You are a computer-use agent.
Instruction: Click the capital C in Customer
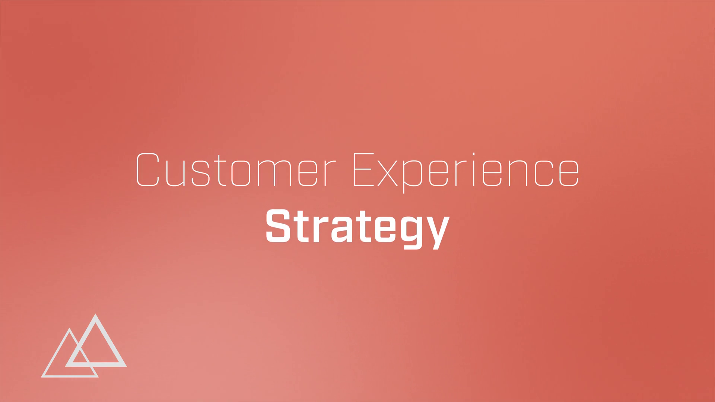point(148,169)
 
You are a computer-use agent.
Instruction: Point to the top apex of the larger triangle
point(96,315)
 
